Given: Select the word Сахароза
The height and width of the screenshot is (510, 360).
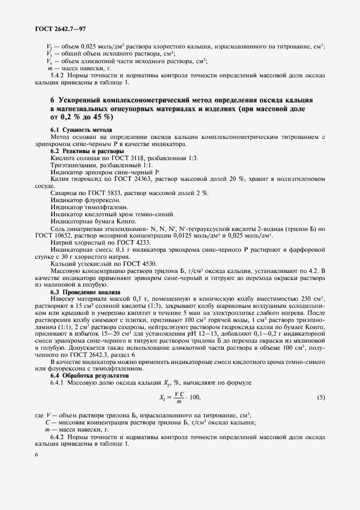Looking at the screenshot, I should point(65,192).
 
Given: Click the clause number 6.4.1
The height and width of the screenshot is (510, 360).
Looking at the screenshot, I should point(60,383).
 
